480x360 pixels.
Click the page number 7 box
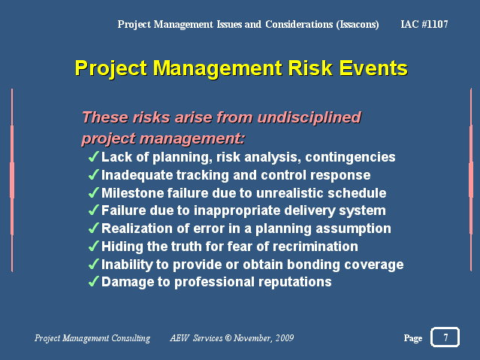pos(445,337)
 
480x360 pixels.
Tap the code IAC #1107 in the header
pos(424,24)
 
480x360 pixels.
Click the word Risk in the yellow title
pos(310,68)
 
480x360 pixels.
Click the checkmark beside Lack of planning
pos(93,156)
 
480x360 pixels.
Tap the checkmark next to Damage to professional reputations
pos(93,281)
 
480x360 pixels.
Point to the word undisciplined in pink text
pos(309,117)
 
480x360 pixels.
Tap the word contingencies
pos(350,157)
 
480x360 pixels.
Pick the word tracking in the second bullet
pos(202,175)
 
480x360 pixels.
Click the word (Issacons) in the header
pos(358,24)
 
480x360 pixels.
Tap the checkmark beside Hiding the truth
pos(93,246)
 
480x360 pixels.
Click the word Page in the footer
pos(413,338)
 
